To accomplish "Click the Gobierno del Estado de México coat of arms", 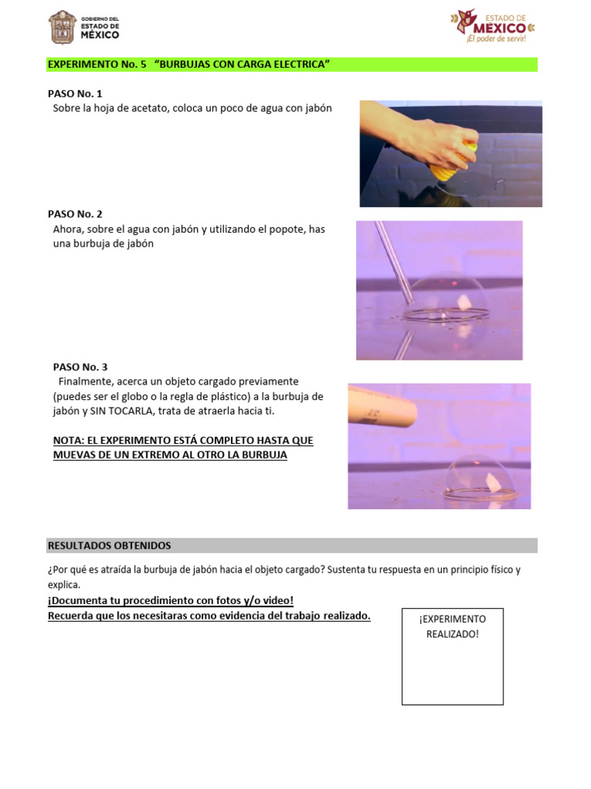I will (62, 28).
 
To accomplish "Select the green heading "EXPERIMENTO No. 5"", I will (96, 65).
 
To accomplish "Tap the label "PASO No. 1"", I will (75, 93).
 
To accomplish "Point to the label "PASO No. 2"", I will (75, 213).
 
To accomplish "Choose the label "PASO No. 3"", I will (80, 367).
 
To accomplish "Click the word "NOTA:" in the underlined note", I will (69, 440).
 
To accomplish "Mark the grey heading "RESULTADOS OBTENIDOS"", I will (109, 546).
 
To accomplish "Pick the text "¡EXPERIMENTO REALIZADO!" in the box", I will (452, 626).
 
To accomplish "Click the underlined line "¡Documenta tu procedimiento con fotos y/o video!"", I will (171, 600).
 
